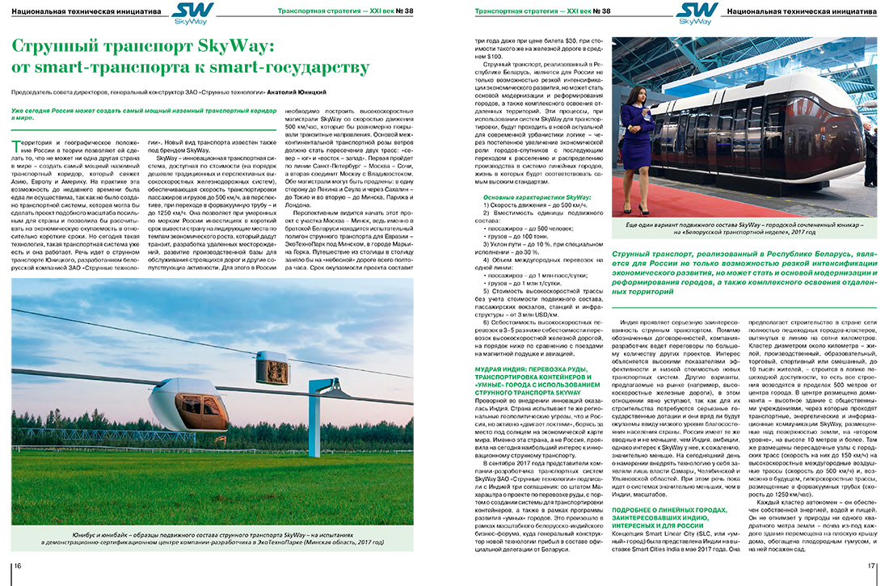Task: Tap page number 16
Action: pos(17,565)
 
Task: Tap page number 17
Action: pos(871,565)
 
